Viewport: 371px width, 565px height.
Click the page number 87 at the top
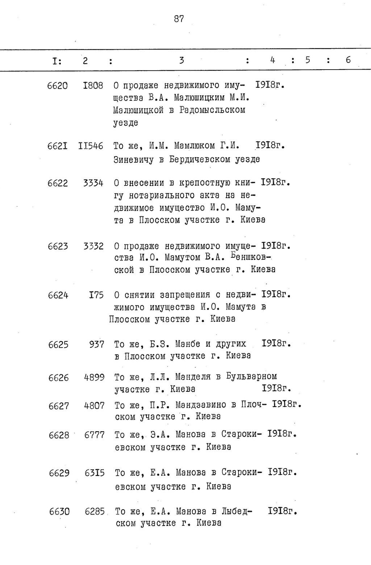(179, 19)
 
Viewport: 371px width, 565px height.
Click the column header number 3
(182, 61)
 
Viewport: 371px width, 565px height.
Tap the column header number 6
(348, 60)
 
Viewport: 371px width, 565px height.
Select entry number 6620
(57, 86)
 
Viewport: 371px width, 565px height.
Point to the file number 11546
(91, 146)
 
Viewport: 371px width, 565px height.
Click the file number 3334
(93, 183)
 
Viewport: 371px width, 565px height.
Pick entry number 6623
(58, 246)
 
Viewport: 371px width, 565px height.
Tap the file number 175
(96, 295)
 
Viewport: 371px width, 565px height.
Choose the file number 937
(97, 344)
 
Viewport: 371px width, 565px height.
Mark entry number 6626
(58, 378)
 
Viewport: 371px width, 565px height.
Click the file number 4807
(94, 406)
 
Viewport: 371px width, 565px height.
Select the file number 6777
(94, 435)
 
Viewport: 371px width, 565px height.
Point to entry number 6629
(59, 473)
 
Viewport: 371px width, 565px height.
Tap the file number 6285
(95, 512)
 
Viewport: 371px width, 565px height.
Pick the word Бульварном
(251, 377)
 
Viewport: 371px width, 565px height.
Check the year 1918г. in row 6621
(270, 146)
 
